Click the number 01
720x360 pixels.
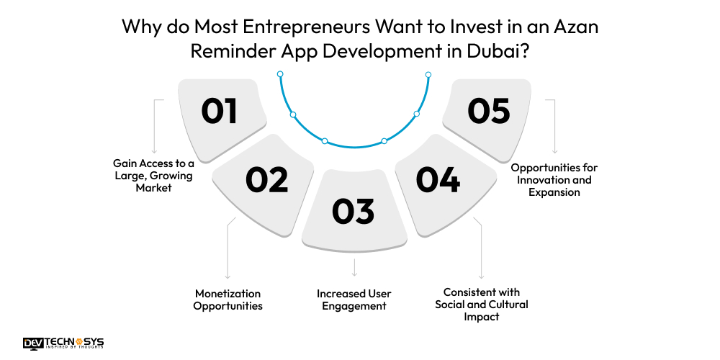tap(219, 111)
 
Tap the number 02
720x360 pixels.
tap(266, 179)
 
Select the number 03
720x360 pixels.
tap(353, 210)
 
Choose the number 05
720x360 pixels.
tap(488, 111)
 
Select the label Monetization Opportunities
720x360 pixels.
tap(228, 300)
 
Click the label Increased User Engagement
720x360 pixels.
tap(353, 300)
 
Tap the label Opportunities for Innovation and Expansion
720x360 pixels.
tap(554, 179)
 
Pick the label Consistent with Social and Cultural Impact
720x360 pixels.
tap(482, 304)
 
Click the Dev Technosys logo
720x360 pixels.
tap(63, 343)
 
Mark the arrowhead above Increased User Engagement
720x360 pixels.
tap(354, 274)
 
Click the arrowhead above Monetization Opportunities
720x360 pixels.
tap(228, 276)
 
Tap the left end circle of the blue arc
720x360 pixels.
tap(280, 73)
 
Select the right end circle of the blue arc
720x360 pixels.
tap(428, 74)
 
